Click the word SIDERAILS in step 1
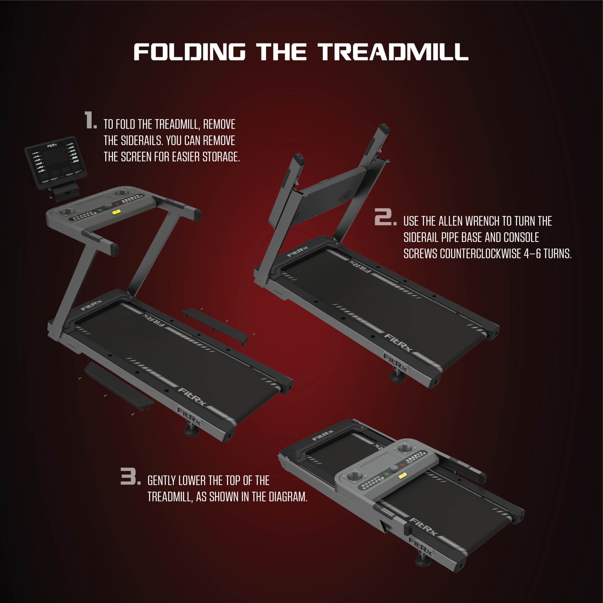pyautogui.click(x=134, y=141)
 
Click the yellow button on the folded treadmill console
pyautogui.click(x=401, y=476)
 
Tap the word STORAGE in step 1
pyautogui.click(x=221, y=157)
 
